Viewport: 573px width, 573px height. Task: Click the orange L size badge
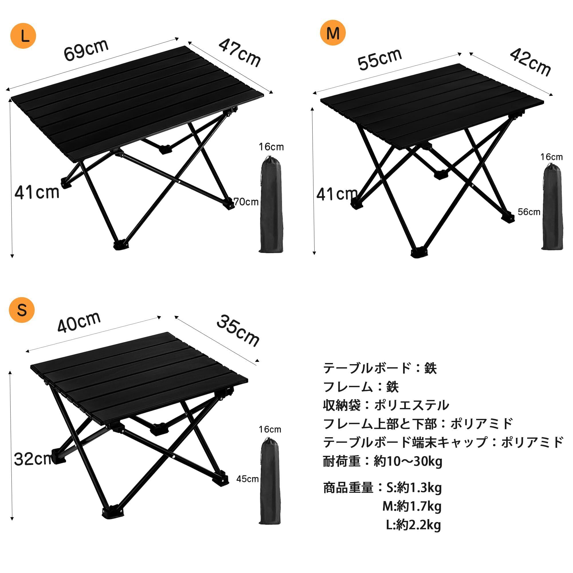point(23,36)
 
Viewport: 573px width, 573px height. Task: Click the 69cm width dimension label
point(86,50)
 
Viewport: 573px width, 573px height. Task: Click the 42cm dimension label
point(530,62)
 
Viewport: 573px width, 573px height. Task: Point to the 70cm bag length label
point(246,202)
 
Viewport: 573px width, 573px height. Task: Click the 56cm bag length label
point(529,212)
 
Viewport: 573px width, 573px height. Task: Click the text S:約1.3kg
point(414,488)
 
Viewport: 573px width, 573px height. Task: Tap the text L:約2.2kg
point(413,525)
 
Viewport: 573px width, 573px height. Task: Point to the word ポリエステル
point(412,405)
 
